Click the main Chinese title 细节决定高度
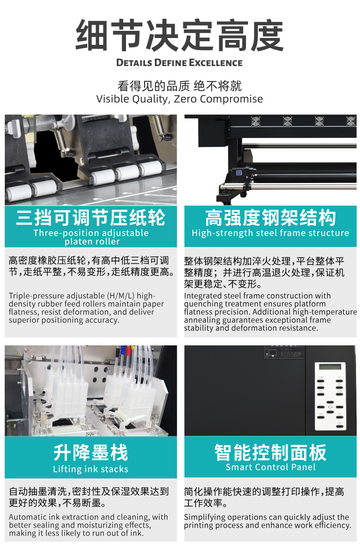(180, 35)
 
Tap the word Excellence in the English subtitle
(216, 63)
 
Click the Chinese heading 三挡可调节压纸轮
(91, 217)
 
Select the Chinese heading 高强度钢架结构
(270, 217)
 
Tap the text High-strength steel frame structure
(270, 233)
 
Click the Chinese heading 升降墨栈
(91, 452)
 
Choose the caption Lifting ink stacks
(91, 469)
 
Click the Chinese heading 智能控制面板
(270, 452)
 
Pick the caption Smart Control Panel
(270, 467)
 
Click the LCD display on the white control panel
(330, 367)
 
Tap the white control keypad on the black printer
(330, 396)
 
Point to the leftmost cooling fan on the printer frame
(256, 121)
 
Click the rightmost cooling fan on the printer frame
(351, 121)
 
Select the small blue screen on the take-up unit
(239, 173)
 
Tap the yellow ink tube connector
(132, 348)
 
